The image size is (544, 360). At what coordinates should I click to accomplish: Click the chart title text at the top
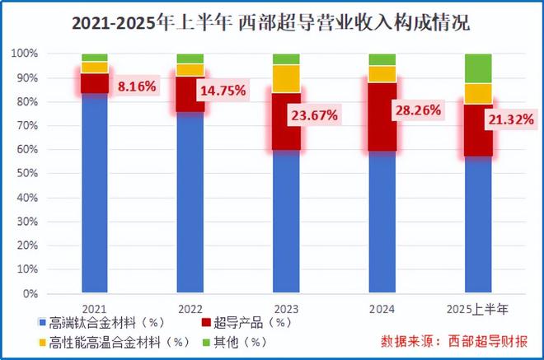point(272,22)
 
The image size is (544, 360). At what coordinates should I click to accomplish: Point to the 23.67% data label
point(313,115)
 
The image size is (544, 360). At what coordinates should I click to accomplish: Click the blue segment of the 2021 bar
point(95,189)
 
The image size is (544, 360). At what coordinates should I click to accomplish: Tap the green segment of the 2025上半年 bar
point(478,68)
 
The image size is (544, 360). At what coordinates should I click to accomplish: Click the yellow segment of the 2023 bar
point(287,78)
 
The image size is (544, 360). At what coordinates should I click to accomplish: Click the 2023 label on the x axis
point(286,307)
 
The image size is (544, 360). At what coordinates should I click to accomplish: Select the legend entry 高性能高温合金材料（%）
point(115,340)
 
